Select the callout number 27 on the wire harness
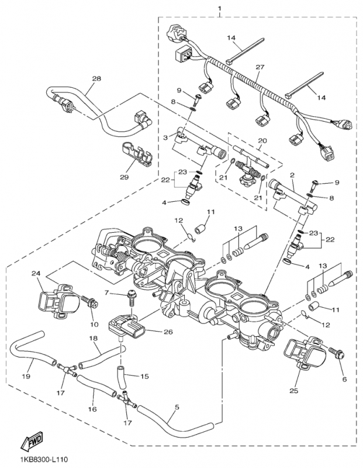[259, 68]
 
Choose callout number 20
[261, 141]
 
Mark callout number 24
[36, 273]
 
